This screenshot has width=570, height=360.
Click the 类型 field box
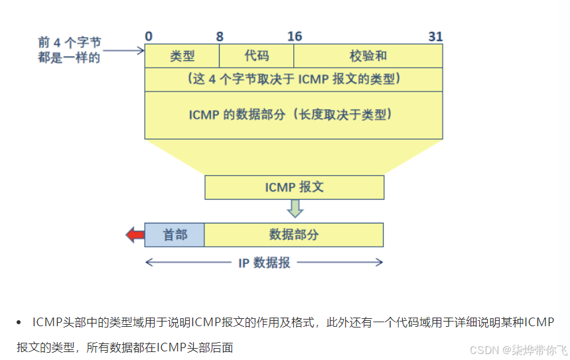[182, 56]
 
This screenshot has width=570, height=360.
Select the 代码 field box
[256, 56]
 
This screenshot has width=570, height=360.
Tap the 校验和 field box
[368, 56]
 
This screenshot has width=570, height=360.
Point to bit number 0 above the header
[149, 36]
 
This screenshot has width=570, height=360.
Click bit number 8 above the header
[219, 36]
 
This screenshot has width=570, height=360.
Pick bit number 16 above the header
[294, 36]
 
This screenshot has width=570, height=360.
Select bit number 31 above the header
[435, 36]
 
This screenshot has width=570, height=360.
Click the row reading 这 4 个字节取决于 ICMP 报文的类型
[293, 79]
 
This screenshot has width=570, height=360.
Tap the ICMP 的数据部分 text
[293, 114]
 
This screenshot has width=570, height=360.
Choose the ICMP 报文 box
[294, 187]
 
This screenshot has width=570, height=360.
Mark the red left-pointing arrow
[135, 234]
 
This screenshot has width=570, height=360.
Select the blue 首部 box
[175, 235]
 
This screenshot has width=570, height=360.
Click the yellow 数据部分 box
[293, 235]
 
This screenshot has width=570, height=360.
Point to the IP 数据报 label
[264, 263]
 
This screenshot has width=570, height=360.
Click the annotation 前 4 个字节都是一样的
[69, 50]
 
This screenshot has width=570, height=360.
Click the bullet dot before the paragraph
[19, 322]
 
